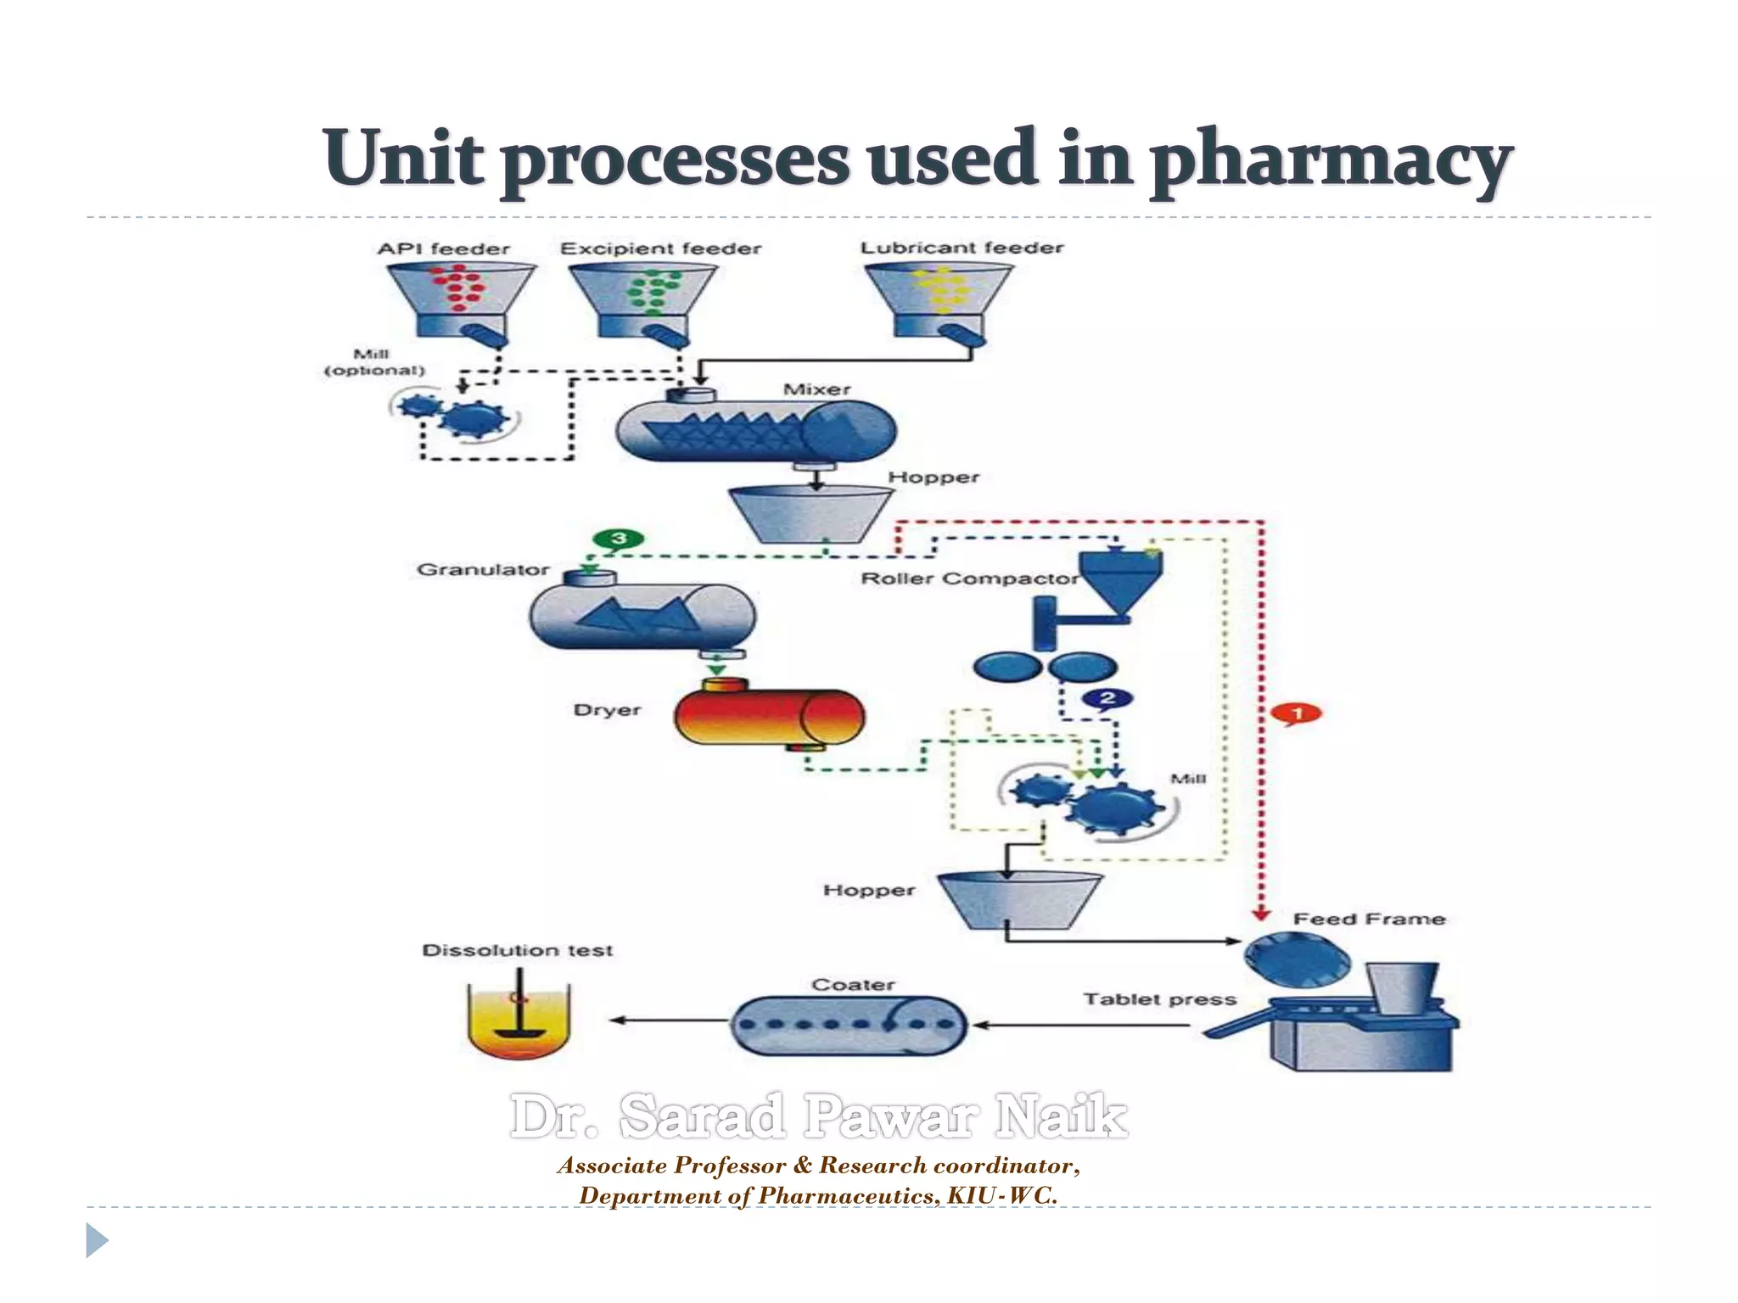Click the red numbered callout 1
pos(1297,713)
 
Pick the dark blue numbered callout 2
pos(1107,699)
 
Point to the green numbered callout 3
pos(618,539)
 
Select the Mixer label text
pos(816,389)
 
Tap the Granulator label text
pos(483,569)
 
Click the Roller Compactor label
pos(968,579)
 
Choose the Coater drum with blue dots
pos(849,1025)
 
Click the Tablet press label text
pos(1159,999)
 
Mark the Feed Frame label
pos(1368,919)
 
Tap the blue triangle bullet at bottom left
pos(97,1240)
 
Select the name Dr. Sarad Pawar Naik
pos(819,1116)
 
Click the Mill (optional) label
pos(373,362)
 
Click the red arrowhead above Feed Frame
pos(1261,914)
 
